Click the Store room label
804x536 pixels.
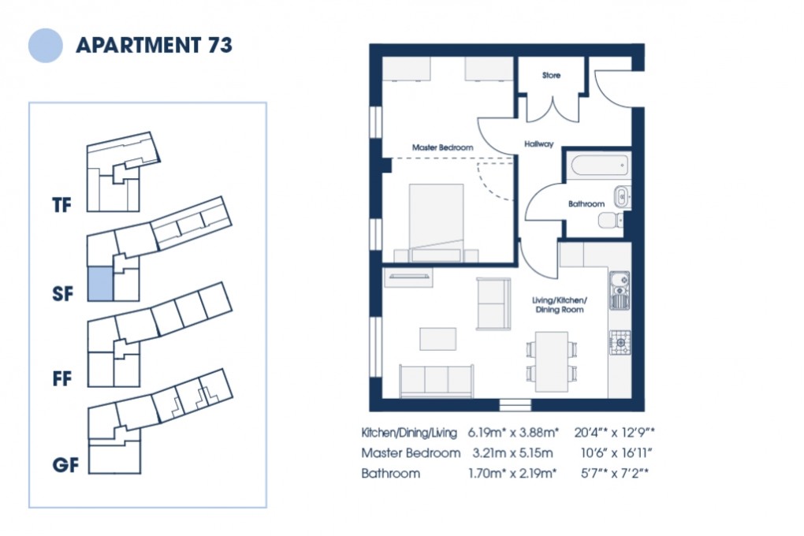pos(551,76)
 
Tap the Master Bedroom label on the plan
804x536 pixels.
pos(442,147)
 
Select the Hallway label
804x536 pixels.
pos(539,144)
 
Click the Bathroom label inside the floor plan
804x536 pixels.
pos(586,204)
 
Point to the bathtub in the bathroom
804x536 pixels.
pos(598,166)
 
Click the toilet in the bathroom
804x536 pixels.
pos(609,220)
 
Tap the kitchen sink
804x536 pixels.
pos(620,289)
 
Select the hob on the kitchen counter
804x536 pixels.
pos(620,342)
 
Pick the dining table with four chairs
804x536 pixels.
pos(552,361)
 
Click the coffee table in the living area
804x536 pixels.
pos(437,339)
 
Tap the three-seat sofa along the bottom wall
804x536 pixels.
pos(436,381)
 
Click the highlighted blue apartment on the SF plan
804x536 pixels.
pos(99,284)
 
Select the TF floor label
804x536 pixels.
pos(62,207)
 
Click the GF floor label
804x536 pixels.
pos(66,465)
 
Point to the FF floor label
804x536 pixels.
pos(62,379)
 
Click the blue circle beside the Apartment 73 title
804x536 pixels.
pos(45,45)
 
